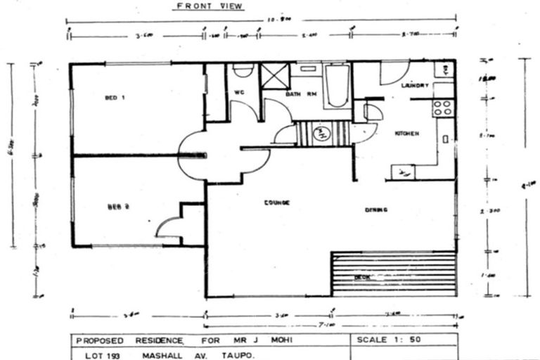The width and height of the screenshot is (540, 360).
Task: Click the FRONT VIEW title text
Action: click(x=209, y=6)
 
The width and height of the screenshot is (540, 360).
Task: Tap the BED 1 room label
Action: click(x=115, y=97)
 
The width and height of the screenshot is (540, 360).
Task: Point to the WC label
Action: click(x=238, y=92)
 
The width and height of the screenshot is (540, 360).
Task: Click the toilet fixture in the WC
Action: click(x=243, y=70)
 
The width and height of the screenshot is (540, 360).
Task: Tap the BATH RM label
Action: click(x=298, y=94)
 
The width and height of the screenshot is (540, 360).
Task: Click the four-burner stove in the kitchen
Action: click(x=442, y=108)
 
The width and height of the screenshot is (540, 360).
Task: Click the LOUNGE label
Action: click(x=277, y=202)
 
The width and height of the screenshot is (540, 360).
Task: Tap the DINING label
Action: click(x=376, y=210)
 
